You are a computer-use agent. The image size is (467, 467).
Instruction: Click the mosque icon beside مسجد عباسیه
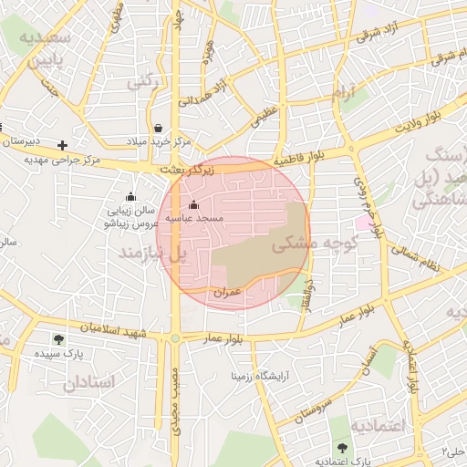coord(192,204)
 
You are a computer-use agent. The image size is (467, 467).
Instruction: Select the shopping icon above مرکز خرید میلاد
coord(159,128)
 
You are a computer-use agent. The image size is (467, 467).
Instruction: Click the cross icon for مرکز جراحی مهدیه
coord(62,145)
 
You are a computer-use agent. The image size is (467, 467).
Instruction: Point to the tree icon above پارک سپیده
coord(58,339)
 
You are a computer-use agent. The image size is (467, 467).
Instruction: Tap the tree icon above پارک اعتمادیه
coord(342,447)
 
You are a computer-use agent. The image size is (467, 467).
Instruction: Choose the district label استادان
coord(88,383)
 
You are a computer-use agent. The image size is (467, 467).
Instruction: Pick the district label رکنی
coord(143,82)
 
